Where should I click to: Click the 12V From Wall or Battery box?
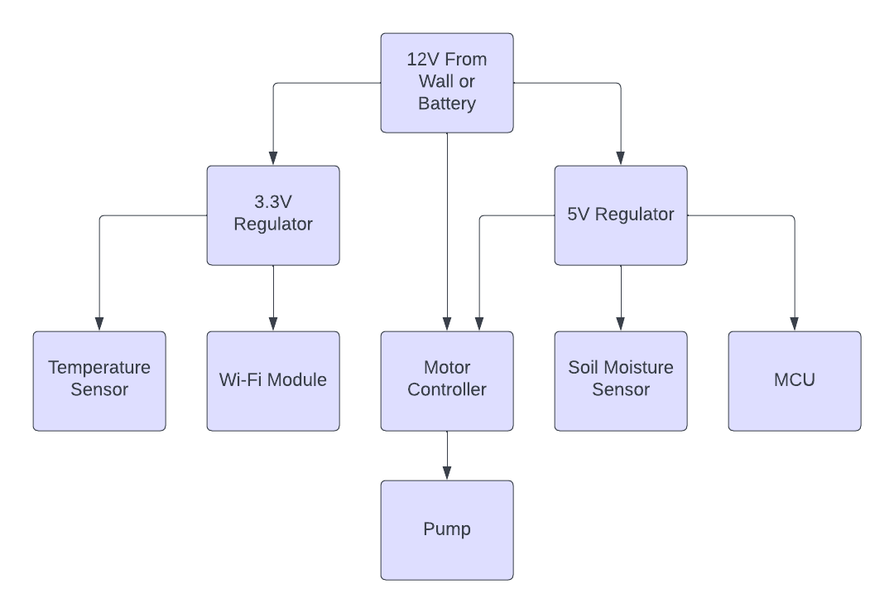(447, 83)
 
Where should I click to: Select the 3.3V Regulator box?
(273, 215)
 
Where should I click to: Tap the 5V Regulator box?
(621, 215)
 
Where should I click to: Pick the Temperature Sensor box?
(99, 381)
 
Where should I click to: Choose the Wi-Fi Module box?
(273, 381)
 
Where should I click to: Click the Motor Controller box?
(447, 381)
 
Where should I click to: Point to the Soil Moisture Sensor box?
(621, 381)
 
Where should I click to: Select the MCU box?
(795, 381)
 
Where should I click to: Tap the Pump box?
(447, 530)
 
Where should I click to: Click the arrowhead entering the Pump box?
(447, 474)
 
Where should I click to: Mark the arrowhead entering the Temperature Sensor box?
(99, 325)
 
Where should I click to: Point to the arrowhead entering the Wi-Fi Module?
(273, 325)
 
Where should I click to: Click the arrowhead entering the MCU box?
(795, 325)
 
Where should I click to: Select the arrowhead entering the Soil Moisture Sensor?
(621, 325)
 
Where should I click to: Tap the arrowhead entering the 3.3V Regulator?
(273, 159)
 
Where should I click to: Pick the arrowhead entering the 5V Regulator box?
(621, 159)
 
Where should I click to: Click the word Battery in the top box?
(447, 104)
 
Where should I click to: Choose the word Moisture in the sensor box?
(640, 368)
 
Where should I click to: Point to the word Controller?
(447, 389)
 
